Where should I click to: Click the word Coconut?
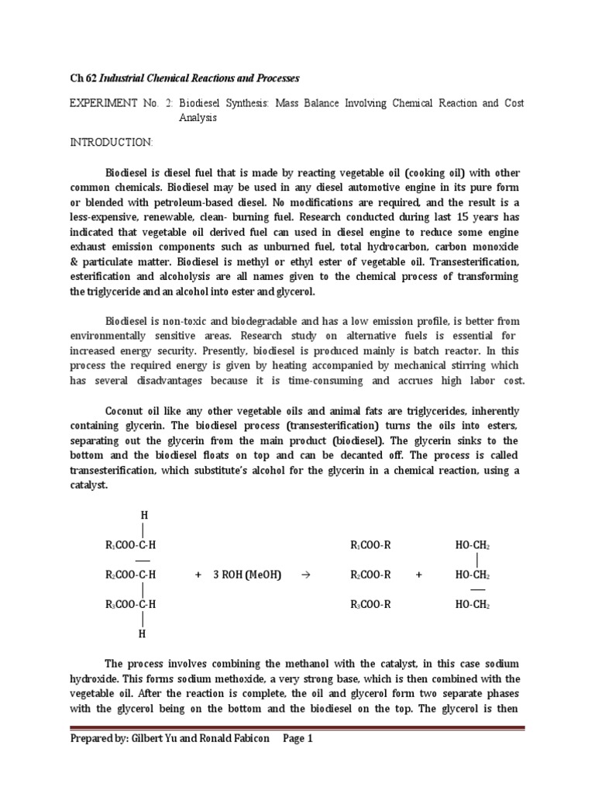coord(126,411)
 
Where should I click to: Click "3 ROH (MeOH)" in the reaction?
coord(247,575)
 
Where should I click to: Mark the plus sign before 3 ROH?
coord(198,575)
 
